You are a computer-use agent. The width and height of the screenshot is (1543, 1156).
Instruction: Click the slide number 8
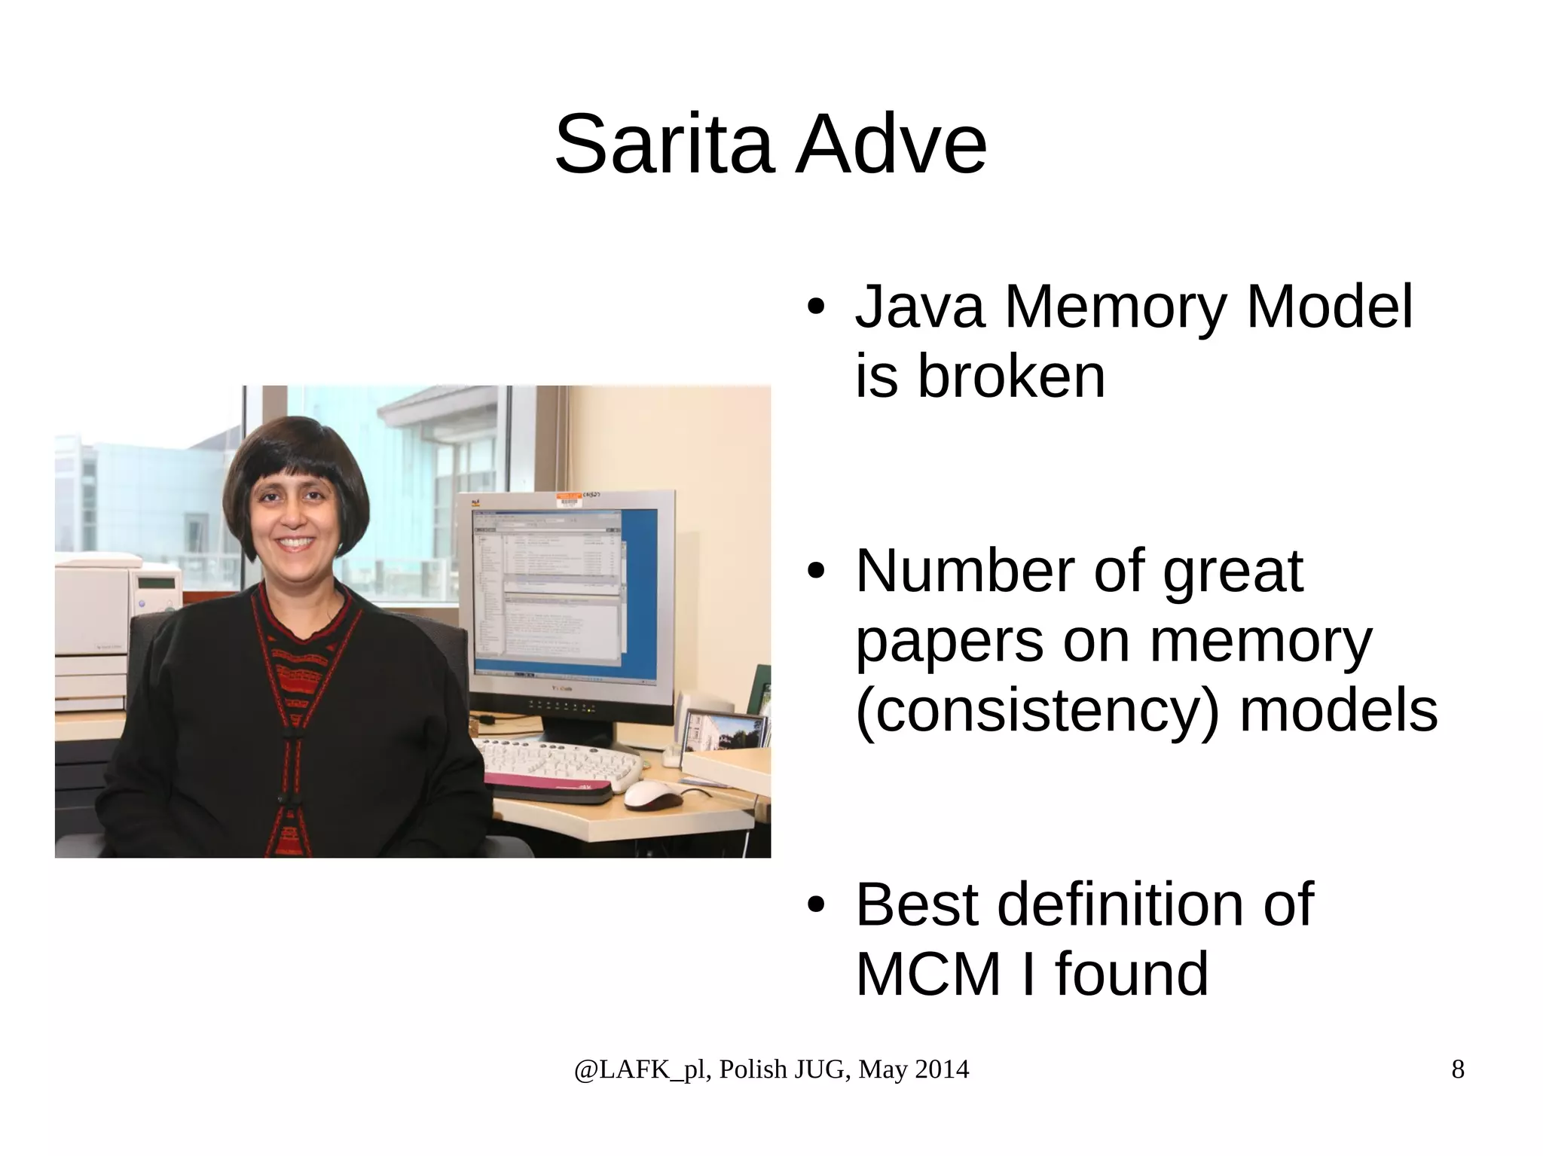click(1457, 1069)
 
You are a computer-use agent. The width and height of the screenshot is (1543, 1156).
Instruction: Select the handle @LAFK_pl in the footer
click(640, 1069)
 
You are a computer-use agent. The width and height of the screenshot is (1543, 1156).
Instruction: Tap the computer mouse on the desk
click(652, 794)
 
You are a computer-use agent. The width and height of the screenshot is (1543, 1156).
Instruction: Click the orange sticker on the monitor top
click(567, 498)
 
